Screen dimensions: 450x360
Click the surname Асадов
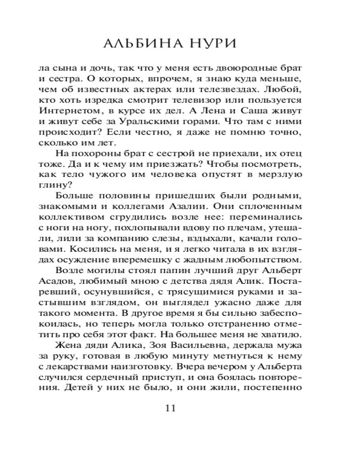point(54,281)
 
